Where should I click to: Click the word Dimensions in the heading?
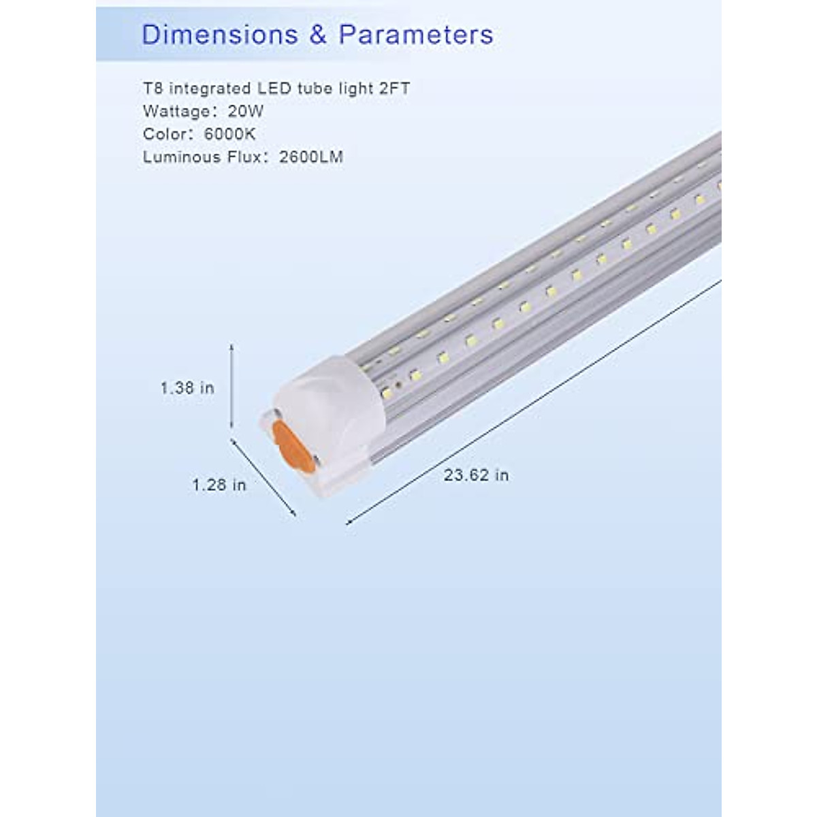pyautogui.click(x=219, y=35)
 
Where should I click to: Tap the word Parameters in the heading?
pyautogui.click(x=416, y=35)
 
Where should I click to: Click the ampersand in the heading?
pyautogui.click(x=318, y=35)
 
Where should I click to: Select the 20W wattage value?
pyautogui.click(x=246, y=112)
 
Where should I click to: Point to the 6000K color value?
pyautogui.click(x=229, y=134)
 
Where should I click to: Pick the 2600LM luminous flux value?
pyautogui.click(x=310, y=157)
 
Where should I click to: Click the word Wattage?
pyautogui.click(x=176, y=112)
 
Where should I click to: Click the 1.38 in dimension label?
pyautogui.click(x=187, y=388)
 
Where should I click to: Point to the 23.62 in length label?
pyautogui.click(x=476, y=475)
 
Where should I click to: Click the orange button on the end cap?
pyautogui.click(x=293, y=447)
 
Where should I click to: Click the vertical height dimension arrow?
pyautogui.click(x=232, y=386)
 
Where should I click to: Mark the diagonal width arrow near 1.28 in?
pyautogui.click(x=263, y=477)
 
